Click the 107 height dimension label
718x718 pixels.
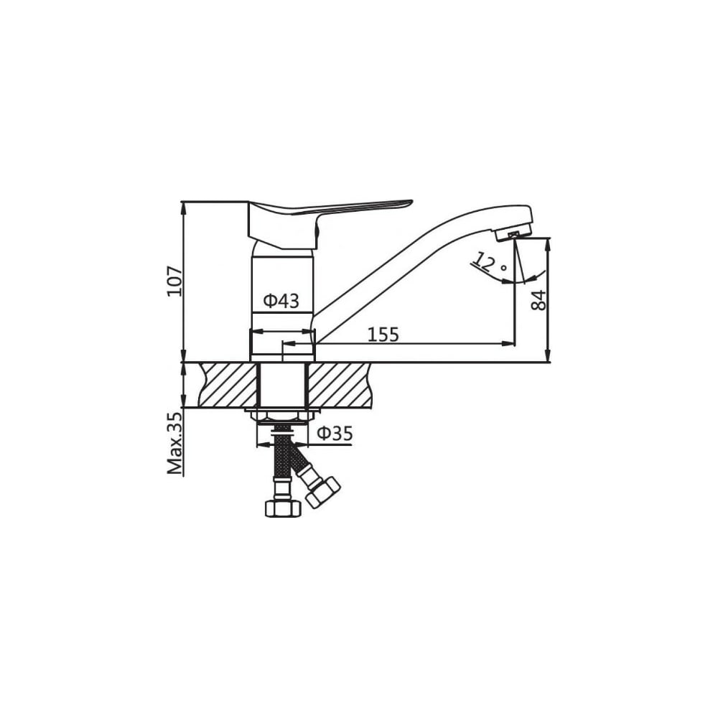(x=174, y=281)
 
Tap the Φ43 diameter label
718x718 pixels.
(x=281, y=301)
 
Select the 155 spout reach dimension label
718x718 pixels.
(x=383, y=335)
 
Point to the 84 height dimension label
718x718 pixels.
(x=538, y=300)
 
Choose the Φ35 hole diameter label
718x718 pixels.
(x=335, y=433)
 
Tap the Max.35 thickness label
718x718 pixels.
(x=174, y=443)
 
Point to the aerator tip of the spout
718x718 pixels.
(x=513, y=234)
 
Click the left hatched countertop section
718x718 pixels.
(x=228, y=385)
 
